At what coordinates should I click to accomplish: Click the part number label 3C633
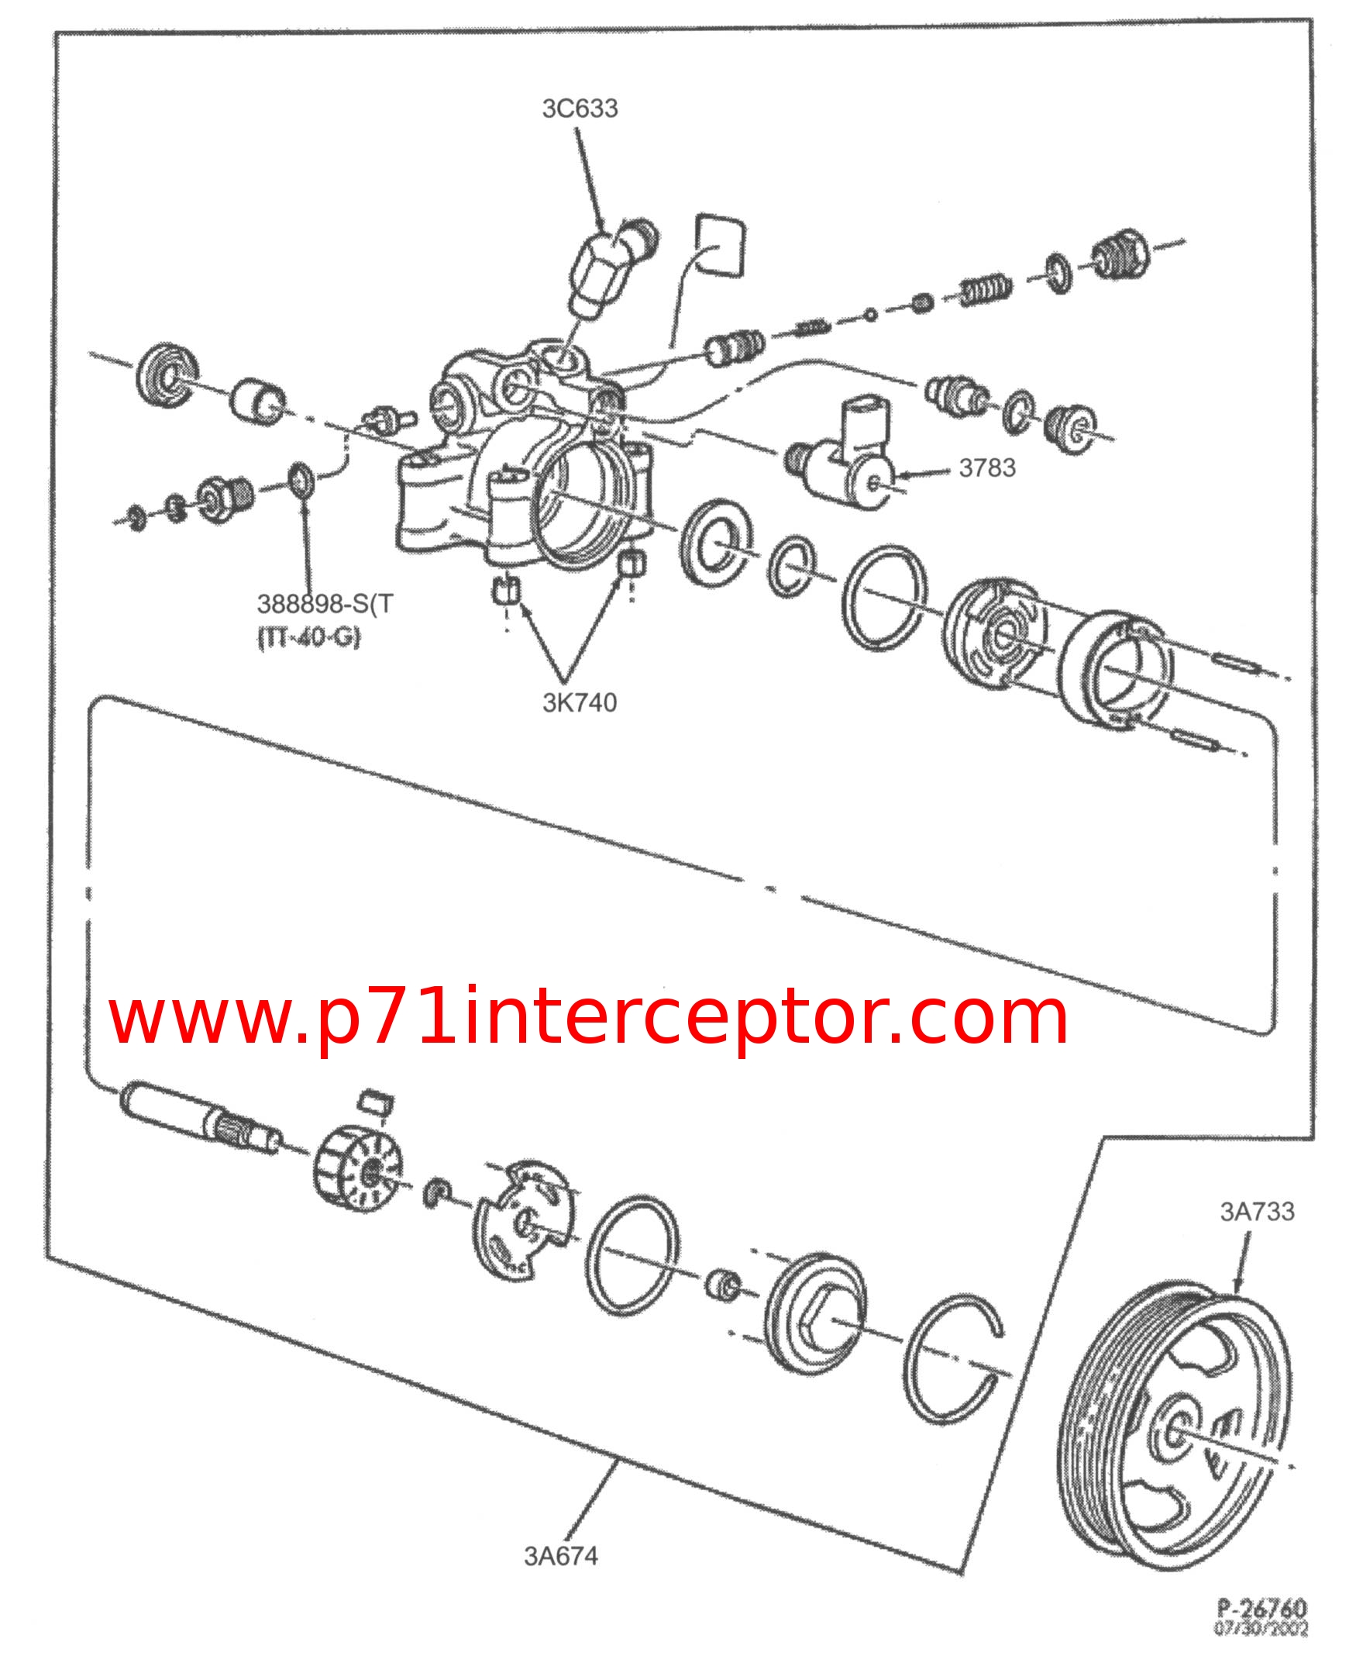580,109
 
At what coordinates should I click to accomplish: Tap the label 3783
987,468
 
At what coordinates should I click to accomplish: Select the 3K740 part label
580,702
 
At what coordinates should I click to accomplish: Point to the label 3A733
1256,1211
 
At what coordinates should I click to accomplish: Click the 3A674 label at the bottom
560,1556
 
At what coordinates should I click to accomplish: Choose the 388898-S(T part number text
324,604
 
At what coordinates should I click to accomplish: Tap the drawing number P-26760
1261,1608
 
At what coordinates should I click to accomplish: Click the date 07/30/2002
1261,1629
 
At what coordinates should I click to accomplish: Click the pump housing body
518,456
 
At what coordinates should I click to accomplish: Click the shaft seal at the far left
167,375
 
